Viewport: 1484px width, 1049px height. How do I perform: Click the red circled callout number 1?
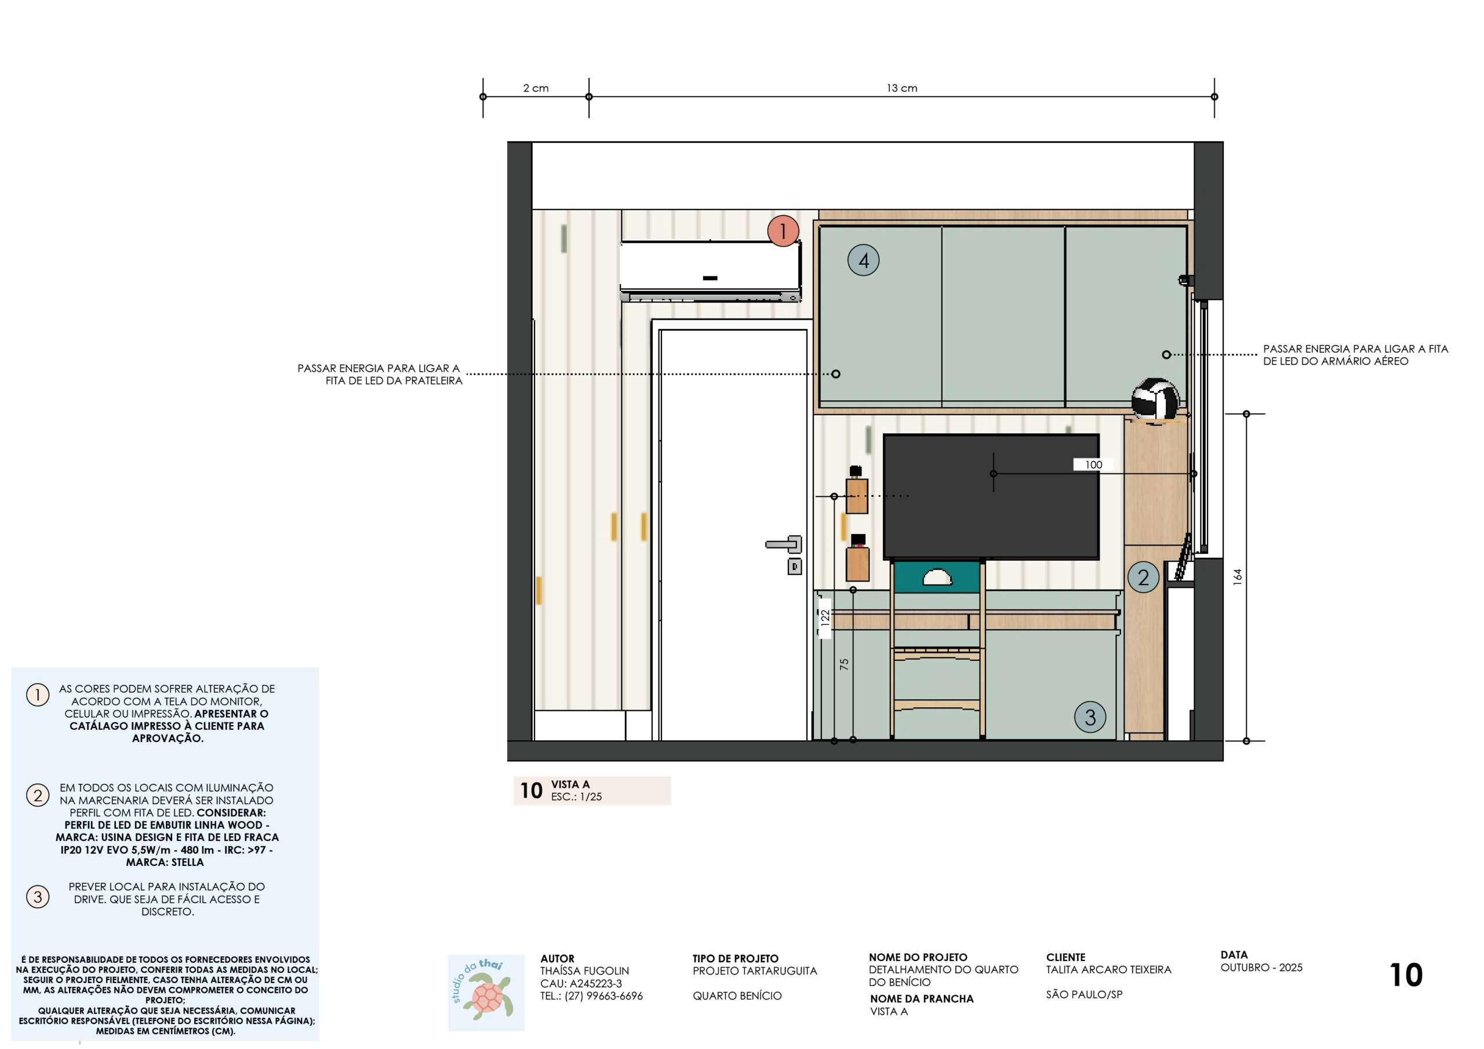(x=783, y=231)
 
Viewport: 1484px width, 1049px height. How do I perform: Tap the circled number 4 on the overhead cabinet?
(x=863, y=260)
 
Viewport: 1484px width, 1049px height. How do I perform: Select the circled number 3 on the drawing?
(x=1090, y=717)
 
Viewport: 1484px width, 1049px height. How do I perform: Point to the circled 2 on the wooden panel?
(x=1143, y=578)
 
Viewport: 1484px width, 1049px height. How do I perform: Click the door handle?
(x=784, y=544)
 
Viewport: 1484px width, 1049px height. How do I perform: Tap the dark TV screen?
(x=991, y=496)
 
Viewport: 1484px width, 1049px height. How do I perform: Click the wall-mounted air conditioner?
(x=710, y=271)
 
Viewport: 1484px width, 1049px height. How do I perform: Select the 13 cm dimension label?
(x=901, y=88)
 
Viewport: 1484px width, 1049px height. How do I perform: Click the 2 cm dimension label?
(x=536, y=88)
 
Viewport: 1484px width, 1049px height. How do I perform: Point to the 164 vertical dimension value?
(x=1237, y=577)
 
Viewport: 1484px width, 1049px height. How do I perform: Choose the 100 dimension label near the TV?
(x=1094, y=465)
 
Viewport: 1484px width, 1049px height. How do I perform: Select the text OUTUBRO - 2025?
(x=1261, y=967)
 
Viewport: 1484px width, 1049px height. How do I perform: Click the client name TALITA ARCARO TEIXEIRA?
(x=1108, y=970)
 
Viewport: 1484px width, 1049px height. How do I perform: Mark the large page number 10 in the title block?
(x=1406, y=975)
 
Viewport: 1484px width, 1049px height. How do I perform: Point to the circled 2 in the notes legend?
(x=38, y=795)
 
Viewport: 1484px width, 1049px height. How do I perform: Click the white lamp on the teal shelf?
(x=937, y=577)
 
